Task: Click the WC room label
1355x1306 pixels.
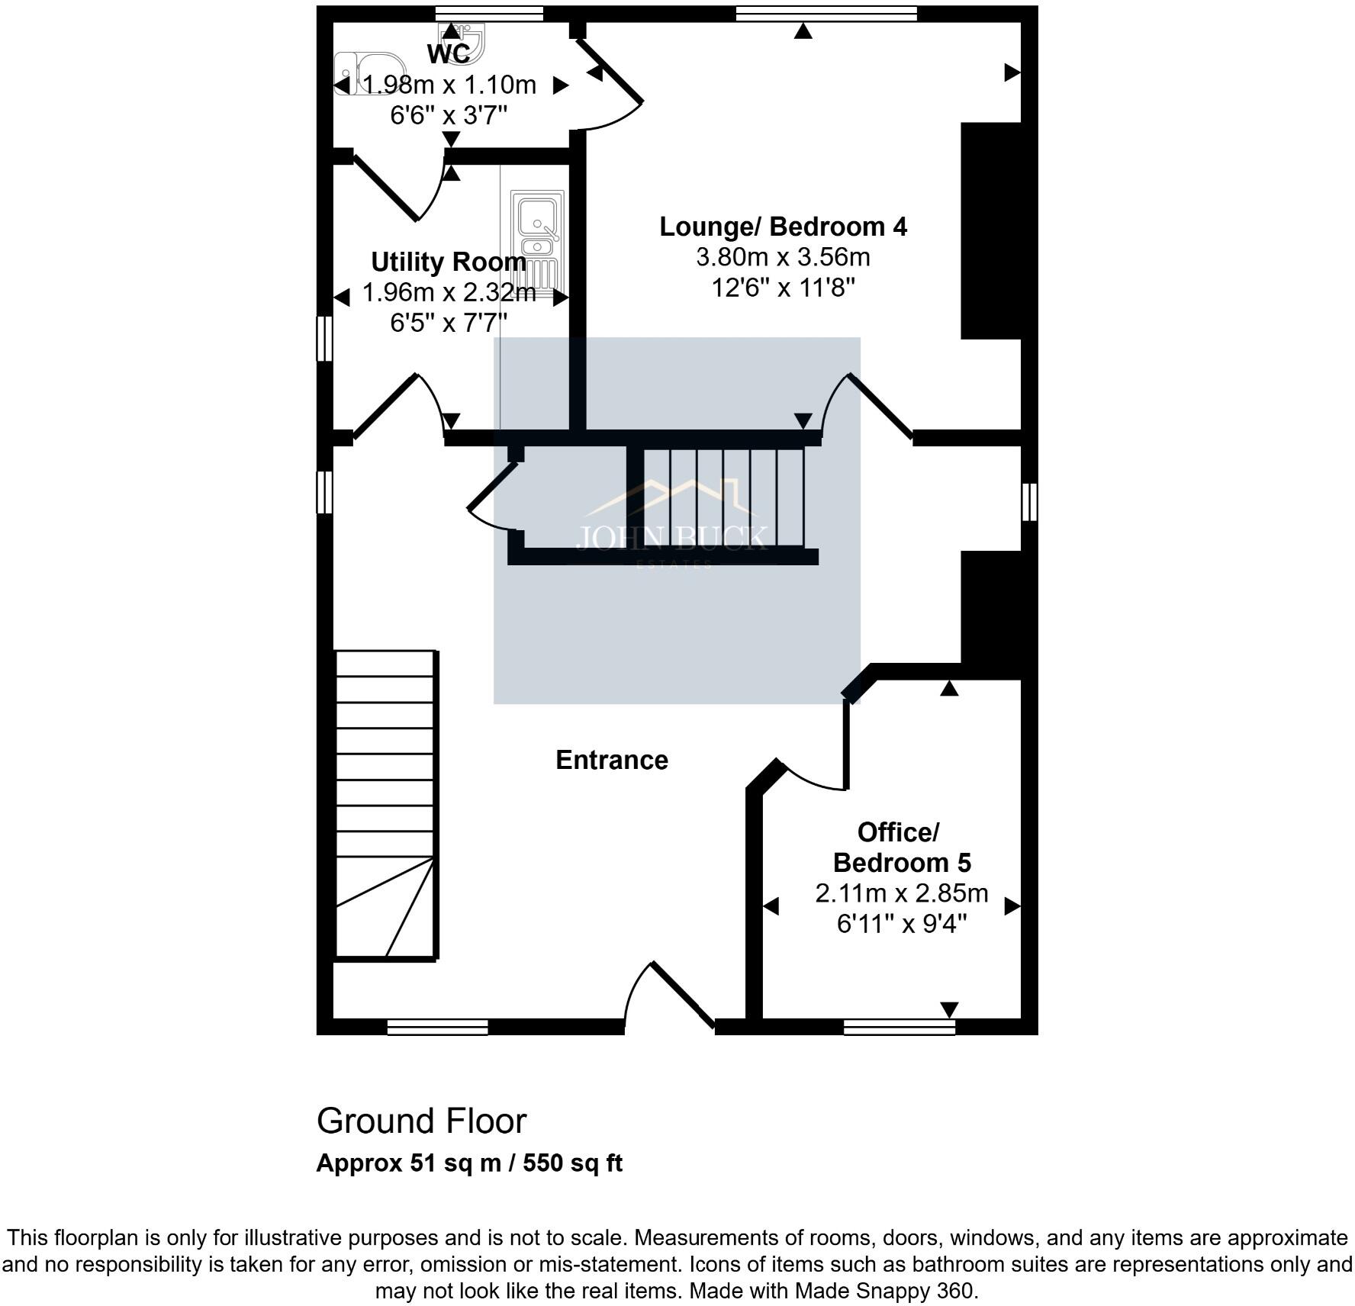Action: [x=449, y=54]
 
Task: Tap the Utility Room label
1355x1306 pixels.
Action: [x=449, y=262]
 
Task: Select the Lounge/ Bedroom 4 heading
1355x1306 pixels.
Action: [x=783, y=227]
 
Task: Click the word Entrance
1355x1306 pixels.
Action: [x=612, y=760]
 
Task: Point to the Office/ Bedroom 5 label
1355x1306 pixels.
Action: [x=901, y=847]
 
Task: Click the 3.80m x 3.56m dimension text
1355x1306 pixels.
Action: [x=783, y=257]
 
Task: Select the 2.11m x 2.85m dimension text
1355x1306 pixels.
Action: [x=901, y=893]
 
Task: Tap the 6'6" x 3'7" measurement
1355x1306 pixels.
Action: [x=449, y=116]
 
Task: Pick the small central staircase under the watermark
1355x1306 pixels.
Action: [x=723, y=497]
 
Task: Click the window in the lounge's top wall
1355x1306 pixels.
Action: [x=826, y=13]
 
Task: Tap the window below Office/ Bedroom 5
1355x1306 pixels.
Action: [x=900, y=1028]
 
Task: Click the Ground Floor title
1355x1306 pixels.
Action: [x=421, y=1121]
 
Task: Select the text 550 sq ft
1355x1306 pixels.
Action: [x=572, y=1163]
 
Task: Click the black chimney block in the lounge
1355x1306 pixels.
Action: [x=990, y=230]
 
